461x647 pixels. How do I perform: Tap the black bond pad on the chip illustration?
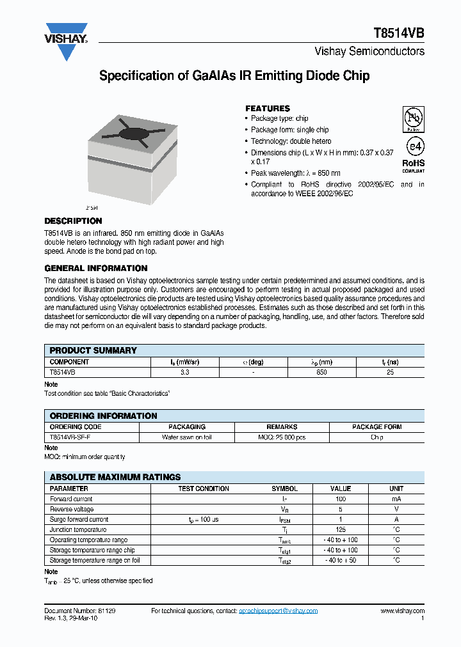click(x=133, y=134)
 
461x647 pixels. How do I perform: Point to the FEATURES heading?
click(x=268, y=108)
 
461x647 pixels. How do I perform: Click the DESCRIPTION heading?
click(x=73, y=221)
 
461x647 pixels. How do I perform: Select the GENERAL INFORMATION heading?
click(x=96, y=268)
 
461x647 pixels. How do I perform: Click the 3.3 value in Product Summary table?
click(x=184, y=371)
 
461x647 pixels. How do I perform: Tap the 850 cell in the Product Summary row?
click(x=321, y=371)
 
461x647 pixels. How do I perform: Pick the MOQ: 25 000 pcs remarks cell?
click(x=282, y=437)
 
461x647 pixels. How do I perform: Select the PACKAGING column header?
click(x=187, y=426)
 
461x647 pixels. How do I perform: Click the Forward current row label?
click(x=71, y=499)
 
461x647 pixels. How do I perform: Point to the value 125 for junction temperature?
click(x=341, y=529)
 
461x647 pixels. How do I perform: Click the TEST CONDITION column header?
click(x=203, y=488)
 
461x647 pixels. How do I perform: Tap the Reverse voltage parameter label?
click(x=72, y=509)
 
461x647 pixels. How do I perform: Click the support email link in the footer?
click(x=278, y=611)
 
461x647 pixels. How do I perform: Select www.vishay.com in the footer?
click(x=402, y=611)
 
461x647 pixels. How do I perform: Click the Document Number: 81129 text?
click(x=79, y=611)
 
